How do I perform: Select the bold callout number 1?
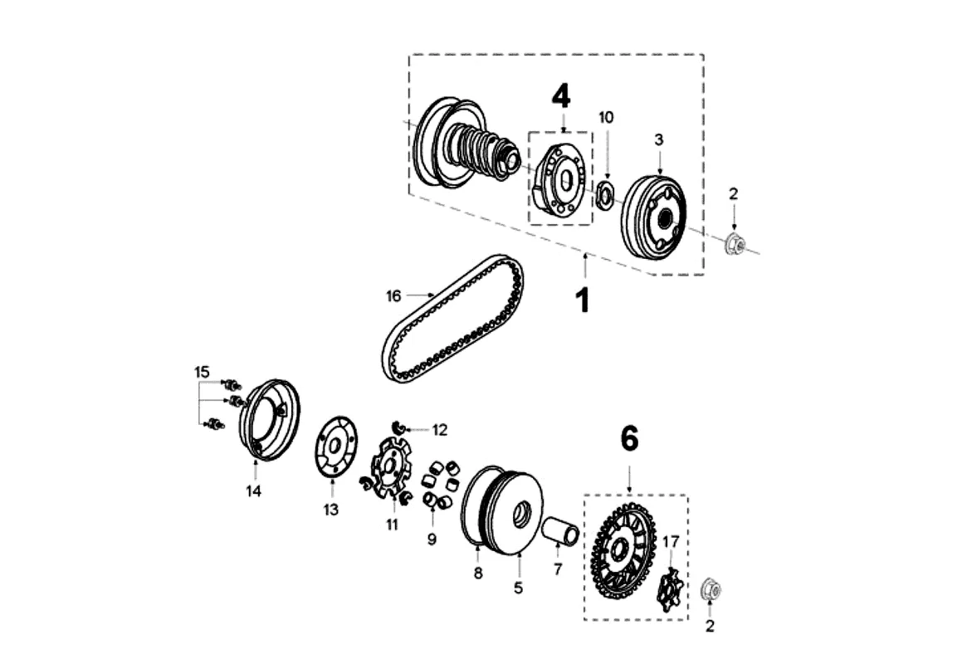[x=584, y=300]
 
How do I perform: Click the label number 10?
[x=607, y=117]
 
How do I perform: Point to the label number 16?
[x=393, y=295]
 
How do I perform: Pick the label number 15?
[x=203, y=372]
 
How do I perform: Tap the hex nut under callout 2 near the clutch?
[x=734, y=244]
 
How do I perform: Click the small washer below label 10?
[x=605, y=196]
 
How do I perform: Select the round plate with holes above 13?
[x=337, y=447]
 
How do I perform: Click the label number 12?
[x=439, y=430]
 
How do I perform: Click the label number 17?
[x=671, y=542]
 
